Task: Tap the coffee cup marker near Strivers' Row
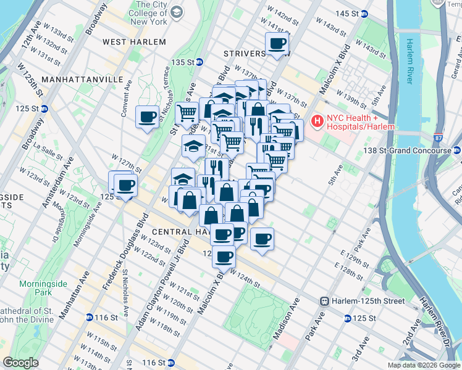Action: click(277, 44)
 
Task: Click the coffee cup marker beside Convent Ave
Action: click(147, 116)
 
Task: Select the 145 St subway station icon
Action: click(365, 14)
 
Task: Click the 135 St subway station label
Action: click(187, 63)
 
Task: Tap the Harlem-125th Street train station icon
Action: click(324, 301)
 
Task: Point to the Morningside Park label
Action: click(51, 288)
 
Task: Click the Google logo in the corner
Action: click(21, 363)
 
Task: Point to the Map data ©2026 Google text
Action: click(423, 365)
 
